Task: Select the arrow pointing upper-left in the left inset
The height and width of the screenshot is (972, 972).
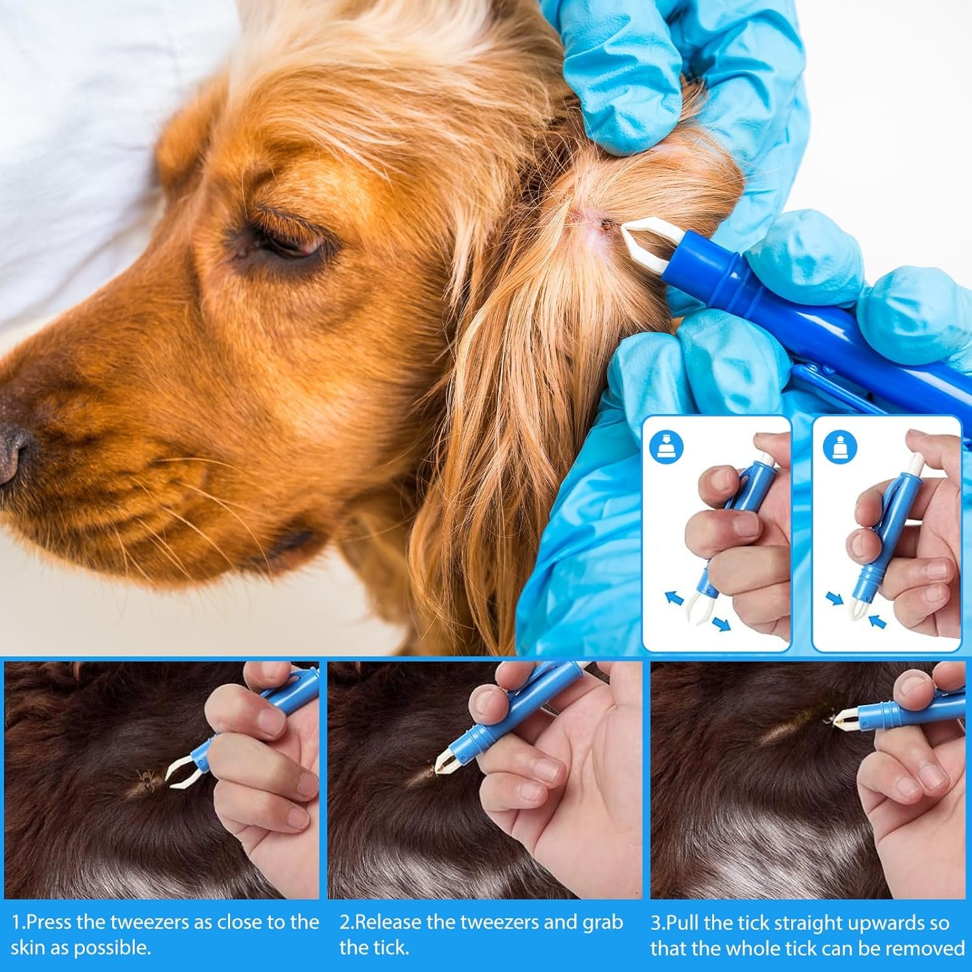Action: click(676, 597)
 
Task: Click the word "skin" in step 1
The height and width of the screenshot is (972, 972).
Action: click(30, 947)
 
